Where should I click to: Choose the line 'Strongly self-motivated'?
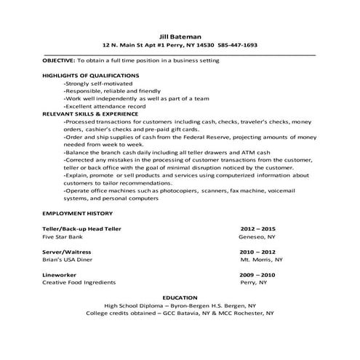coord(93,84)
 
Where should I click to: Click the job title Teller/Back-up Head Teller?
coord(81,229)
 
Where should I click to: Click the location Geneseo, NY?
coord(257,237)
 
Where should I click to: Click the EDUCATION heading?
coord(180,298)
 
